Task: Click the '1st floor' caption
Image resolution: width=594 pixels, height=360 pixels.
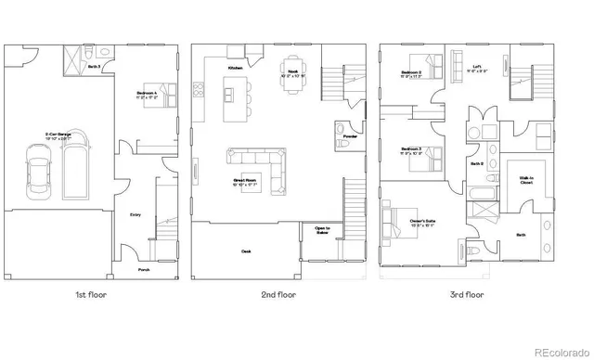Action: [94, 294]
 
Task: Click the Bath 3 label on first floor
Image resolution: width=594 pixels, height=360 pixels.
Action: [94, 67]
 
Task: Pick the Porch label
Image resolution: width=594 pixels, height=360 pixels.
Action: [144, 270]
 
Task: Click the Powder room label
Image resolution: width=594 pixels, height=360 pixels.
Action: [349, 137]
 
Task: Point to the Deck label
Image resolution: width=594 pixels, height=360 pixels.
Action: [246, 251]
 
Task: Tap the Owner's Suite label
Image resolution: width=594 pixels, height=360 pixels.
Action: [423, 222]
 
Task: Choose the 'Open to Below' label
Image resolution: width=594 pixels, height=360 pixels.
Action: [322, 231]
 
